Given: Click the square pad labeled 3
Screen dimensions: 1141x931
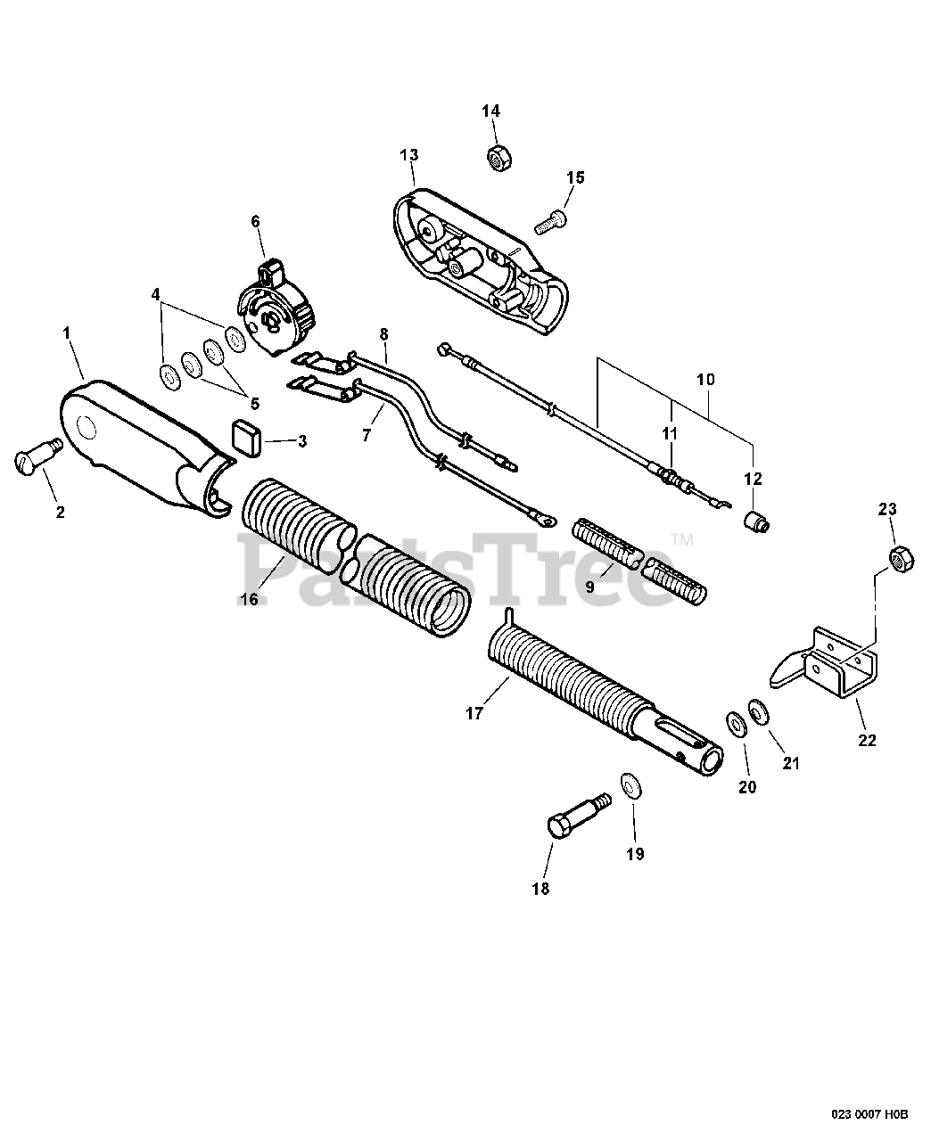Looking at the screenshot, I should (x=245, y=438).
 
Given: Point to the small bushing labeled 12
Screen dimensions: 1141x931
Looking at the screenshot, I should (x=757, y=520).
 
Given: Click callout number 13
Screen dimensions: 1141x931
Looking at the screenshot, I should (x=408, y=155).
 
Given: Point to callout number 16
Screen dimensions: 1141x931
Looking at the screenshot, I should (x=249, y=599).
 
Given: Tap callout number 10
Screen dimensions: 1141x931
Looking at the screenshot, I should (x=705, y=379).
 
